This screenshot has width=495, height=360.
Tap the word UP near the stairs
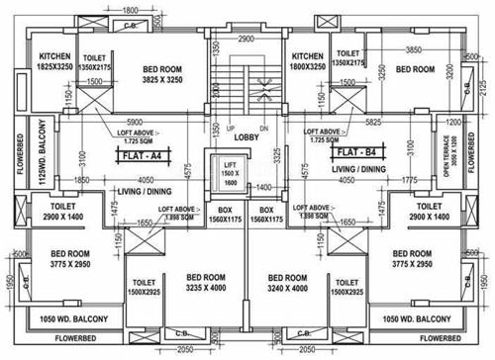click(229, 130)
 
